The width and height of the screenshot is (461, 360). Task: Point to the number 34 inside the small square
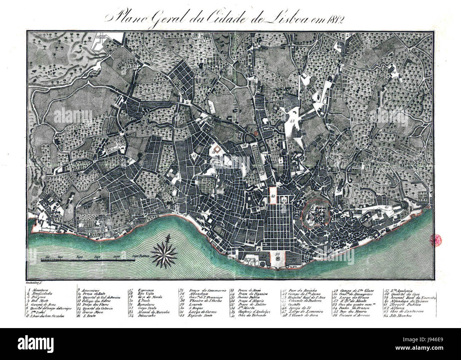tap(285, 200)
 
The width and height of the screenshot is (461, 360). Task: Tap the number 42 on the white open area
tap(292, 121)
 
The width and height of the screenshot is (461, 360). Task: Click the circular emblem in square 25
tap(277, 260)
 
